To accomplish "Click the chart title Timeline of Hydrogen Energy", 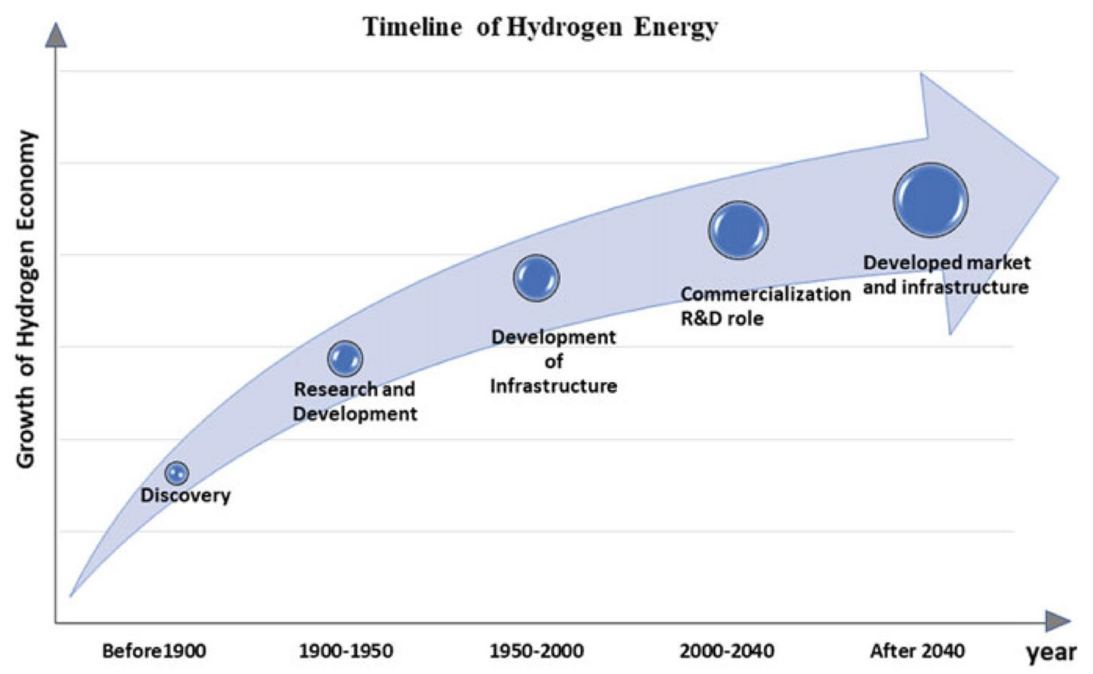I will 540,27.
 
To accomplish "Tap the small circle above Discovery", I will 177,473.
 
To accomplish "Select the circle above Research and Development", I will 345,358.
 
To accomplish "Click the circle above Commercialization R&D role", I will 738,231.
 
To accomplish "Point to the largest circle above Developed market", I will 930,200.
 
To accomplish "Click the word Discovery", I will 186,495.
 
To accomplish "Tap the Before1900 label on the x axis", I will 154,651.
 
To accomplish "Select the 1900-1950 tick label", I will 346,651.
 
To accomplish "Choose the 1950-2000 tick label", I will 537,651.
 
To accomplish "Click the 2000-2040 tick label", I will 727,651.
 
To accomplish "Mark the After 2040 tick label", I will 918,651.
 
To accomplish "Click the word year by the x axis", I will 1051,653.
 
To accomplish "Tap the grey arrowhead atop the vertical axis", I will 56,37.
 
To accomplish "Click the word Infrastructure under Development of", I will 554,386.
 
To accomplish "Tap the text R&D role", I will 722,319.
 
